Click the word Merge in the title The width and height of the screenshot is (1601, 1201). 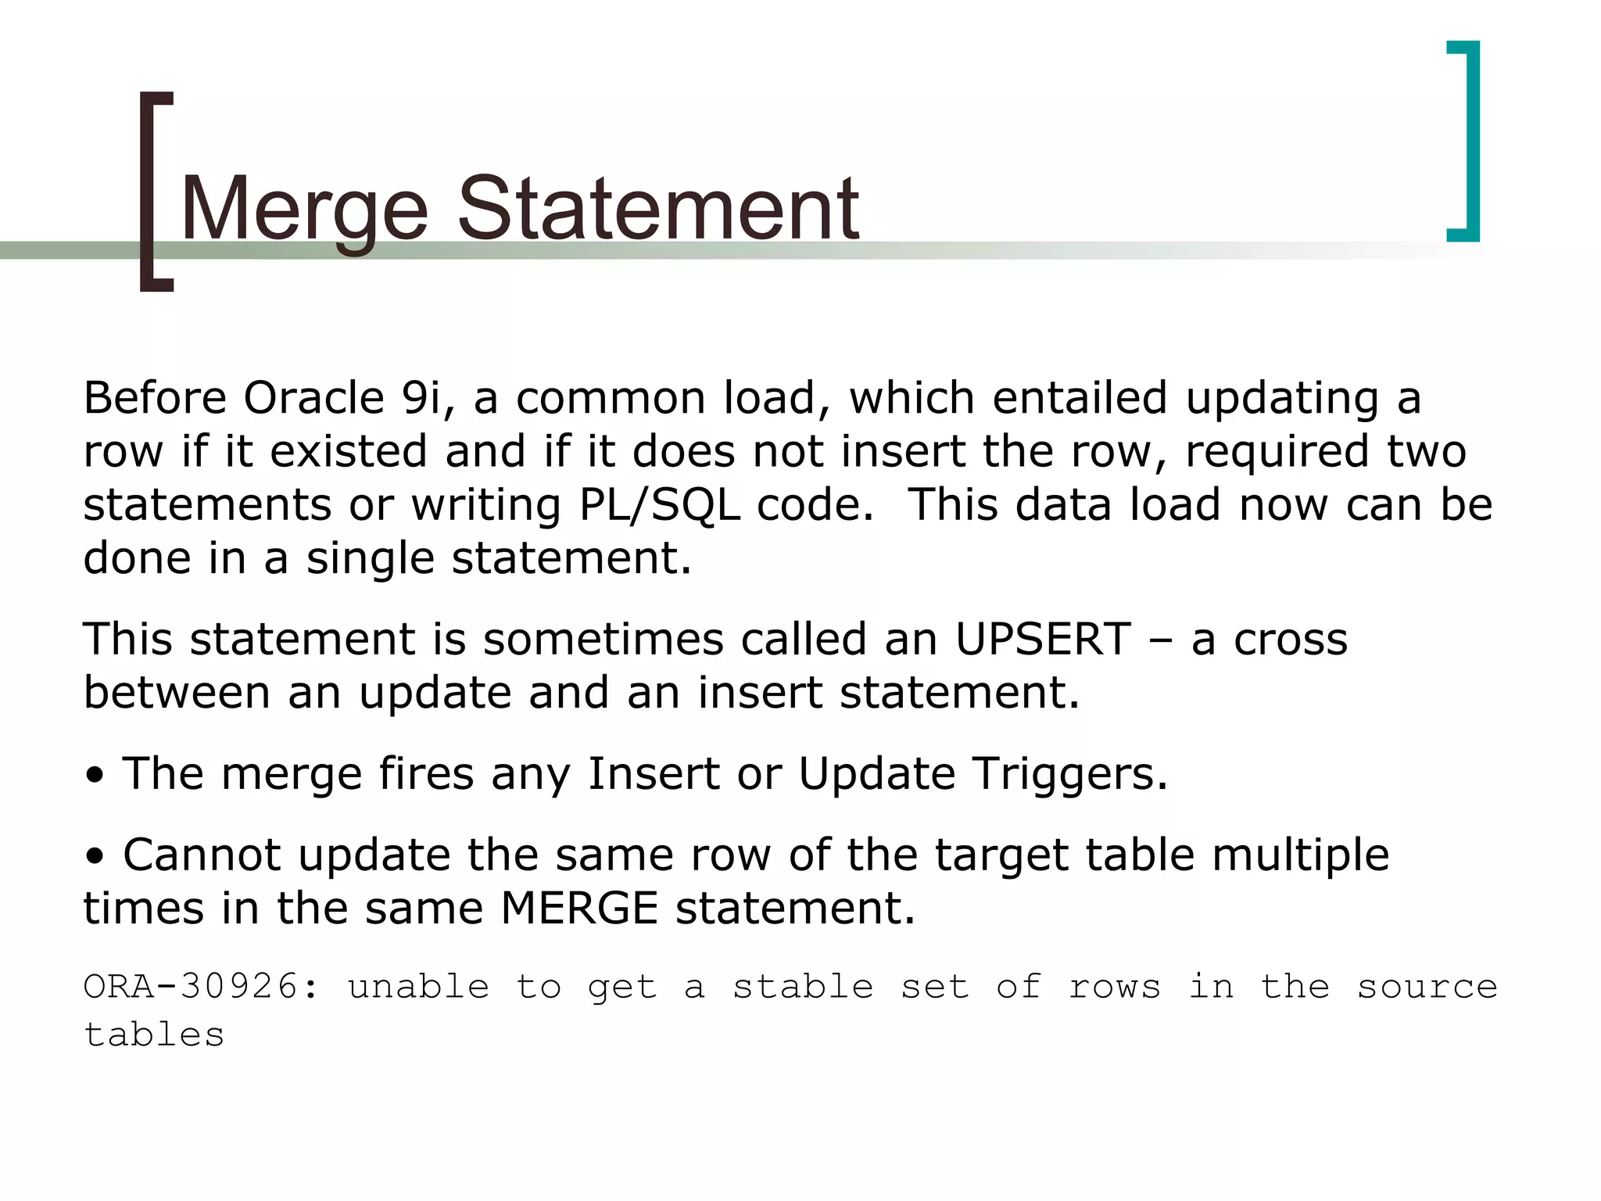click(304, 210)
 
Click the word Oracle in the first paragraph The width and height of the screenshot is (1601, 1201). click(313, 398)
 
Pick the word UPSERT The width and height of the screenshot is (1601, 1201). click(1043, 639)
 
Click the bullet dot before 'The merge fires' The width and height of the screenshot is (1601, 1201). click(95, 776)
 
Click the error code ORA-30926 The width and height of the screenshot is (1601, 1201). click(200, 987)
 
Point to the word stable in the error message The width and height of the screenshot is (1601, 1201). click(802, 987)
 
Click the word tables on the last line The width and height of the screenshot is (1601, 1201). click(154, 1035)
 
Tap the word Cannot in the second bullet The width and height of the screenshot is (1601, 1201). click(202, 855)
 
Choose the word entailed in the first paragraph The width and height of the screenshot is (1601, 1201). click(1080, 398)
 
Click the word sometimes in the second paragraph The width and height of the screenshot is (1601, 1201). click(604, 639)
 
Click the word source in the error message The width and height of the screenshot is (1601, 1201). click(1427, 987)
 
